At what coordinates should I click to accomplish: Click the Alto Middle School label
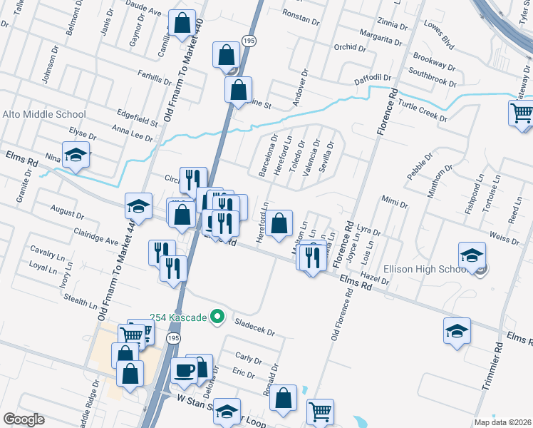[x=44, y=114]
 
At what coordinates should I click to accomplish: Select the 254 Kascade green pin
[x=219, y=317]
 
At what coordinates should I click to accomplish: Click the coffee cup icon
[x=185, y=371]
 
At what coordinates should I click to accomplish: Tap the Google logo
[x=23, y=419]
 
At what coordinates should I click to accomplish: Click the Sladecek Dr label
[x=254, y=327]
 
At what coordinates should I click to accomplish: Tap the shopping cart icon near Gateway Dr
[x=522, y=112]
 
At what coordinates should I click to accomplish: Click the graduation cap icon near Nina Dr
[x=74, y=155]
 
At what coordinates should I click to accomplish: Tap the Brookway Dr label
[x=434, y=64]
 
